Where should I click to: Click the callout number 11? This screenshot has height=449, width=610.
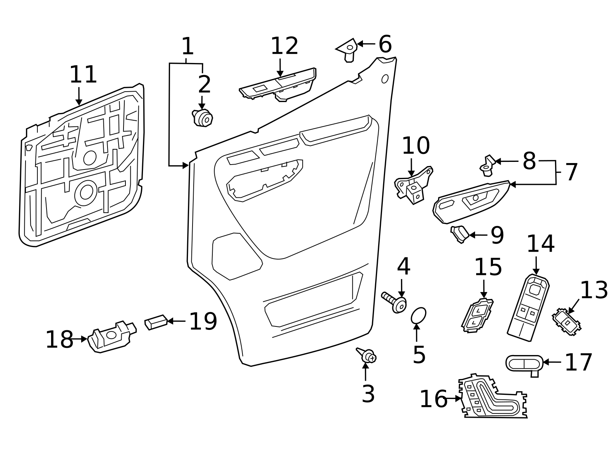pos(83,75)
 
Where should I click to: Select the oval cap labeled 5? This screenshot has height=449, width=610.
pos(418,316)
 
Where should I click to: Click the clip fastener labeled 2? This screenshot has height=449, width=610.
pos(202,118)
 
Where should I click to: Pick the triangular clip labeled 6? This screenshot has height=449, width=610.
pos(348,49)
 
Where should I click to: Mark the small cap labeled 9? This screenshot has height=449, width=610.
pos(460,233)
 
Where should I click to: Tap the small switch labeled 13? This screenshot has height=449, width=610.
pos(567,322)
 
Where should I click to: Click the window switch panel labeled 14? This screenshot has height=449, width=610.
pos(529,308)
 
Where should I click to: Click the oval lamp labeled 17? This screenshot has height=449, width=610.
pos(524,363)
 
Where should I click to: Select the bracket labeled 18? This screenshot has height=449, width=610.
pos(111,336)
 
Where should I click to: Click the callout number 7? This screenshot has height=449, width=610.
pos(571,172)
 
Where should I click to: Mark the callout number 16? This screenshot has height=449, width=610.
pos(433,399)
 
